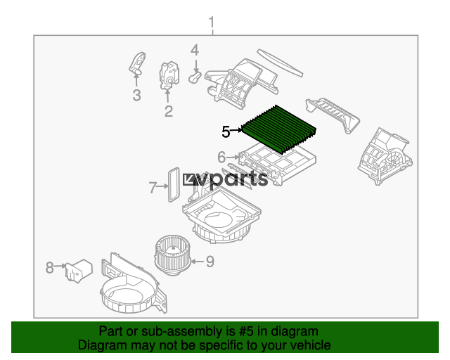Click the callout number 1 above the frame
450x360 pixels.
[212, 22]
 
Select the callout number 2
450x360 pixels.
[169, 111]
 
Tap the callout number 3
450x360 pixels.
[137, 95]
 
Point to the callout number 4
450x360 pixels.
[195, 50]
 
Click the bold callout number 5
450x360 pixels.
[226, 131]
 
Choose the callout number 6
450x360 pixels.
[221, 157]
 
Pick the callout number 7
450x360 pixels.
[153, 188]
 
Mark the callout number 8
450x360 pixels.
[50, 268]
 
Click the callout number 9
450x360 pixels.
[210, 262]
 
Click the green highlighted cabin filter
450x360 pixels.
[279, 129]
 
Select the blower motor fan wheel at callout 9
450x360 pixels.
[173, 255]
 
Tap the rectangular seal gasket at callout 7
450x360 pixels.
[174, 185]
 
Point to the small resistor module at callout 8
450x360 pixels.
[78, 271]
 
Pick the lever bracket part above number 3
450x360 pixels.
[137, 63]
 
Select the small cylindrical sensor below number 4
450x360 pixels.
[195, 77]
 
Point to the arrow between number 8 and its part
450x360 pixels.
[60, 266]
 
